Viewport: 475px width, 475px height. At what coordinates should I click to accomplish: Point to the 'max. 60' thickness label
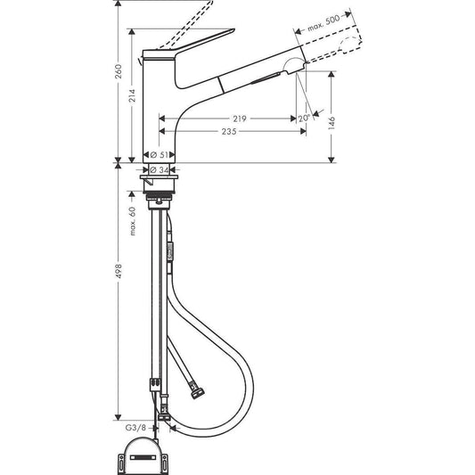click(x=131, y=221)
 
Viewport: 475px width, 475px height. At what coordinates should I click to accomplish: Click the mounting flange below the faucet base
click(x=161, y=182)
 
